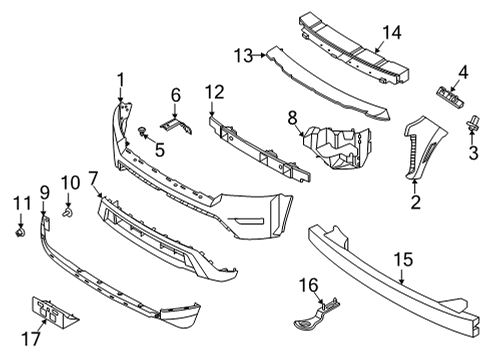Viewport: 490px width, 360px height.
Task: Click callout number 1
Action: click(x=120, y=79)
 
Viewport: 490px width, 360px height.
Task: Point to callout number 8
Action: click(x=292, y=118)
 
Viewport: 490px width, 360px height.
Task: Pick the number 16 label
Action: click(x=309, y=285)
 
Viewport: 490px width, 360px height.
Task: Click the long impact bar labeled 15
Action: click(x=390, y=265)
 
